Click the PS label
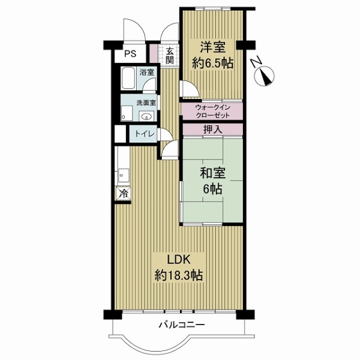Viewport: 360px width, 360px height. (x=130, y=54)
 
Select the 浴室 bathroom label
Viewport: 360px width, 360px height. (x=147, y=73)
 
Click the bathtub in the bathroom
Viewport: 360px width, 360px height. (x=128, y=78)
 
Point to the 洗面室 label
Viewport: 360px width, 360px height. (x=146, y=103)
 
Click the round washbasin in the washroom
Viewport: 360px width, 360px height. (x=146, y=116)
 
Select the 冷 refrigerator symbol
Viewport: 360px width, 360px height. (x=123, y=194)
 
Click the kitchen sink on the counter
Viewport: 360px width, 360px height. (x=124, y=176)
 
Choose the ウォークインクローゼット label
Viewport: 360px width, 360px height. (x=212, y=111)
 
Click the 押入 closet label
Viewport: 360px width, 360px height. (x=212, y=130)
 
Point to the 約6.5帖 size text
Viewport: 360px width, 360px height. (x=212, y=64)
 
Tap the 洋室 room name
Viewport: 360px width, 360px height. (x=212, y=47)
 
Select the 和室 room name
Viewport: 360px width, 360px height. (x=212, y=173)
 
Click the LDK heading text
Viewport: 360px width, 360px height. (x=178, y=260)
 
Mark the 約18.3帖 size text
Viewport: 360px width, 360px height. (x=178, y=275)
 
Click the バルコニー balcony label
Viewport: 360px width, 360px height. (x=182, y=325)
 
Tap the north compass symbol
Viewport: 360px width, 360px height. (x=263, y=74)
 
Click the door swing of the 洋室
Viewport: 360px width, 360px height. (x=190, y=89)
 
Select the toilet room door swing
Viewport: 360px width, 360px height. (x=164, y=134)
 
